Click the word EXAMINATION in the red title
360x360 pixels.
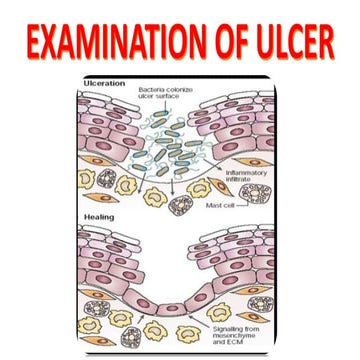pos(115,41)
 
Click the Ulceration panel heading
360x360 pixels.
pos(105,83)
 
